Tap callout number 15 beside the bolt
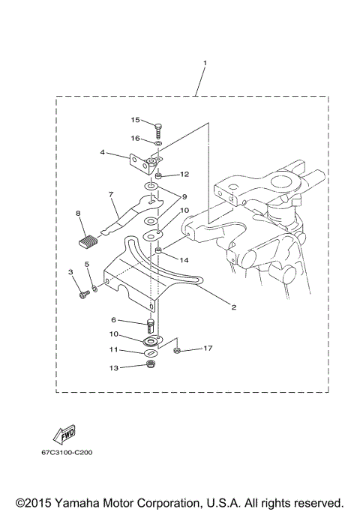click(136, 120)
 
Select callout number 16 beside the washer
click(136, 138)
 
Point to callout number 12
click(184, 174)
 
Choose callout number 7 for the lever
click(110, 196)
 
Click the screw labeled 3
click(82, 295)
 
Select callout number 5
click(87, 265)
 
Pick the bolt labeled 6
click(150, 325)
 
